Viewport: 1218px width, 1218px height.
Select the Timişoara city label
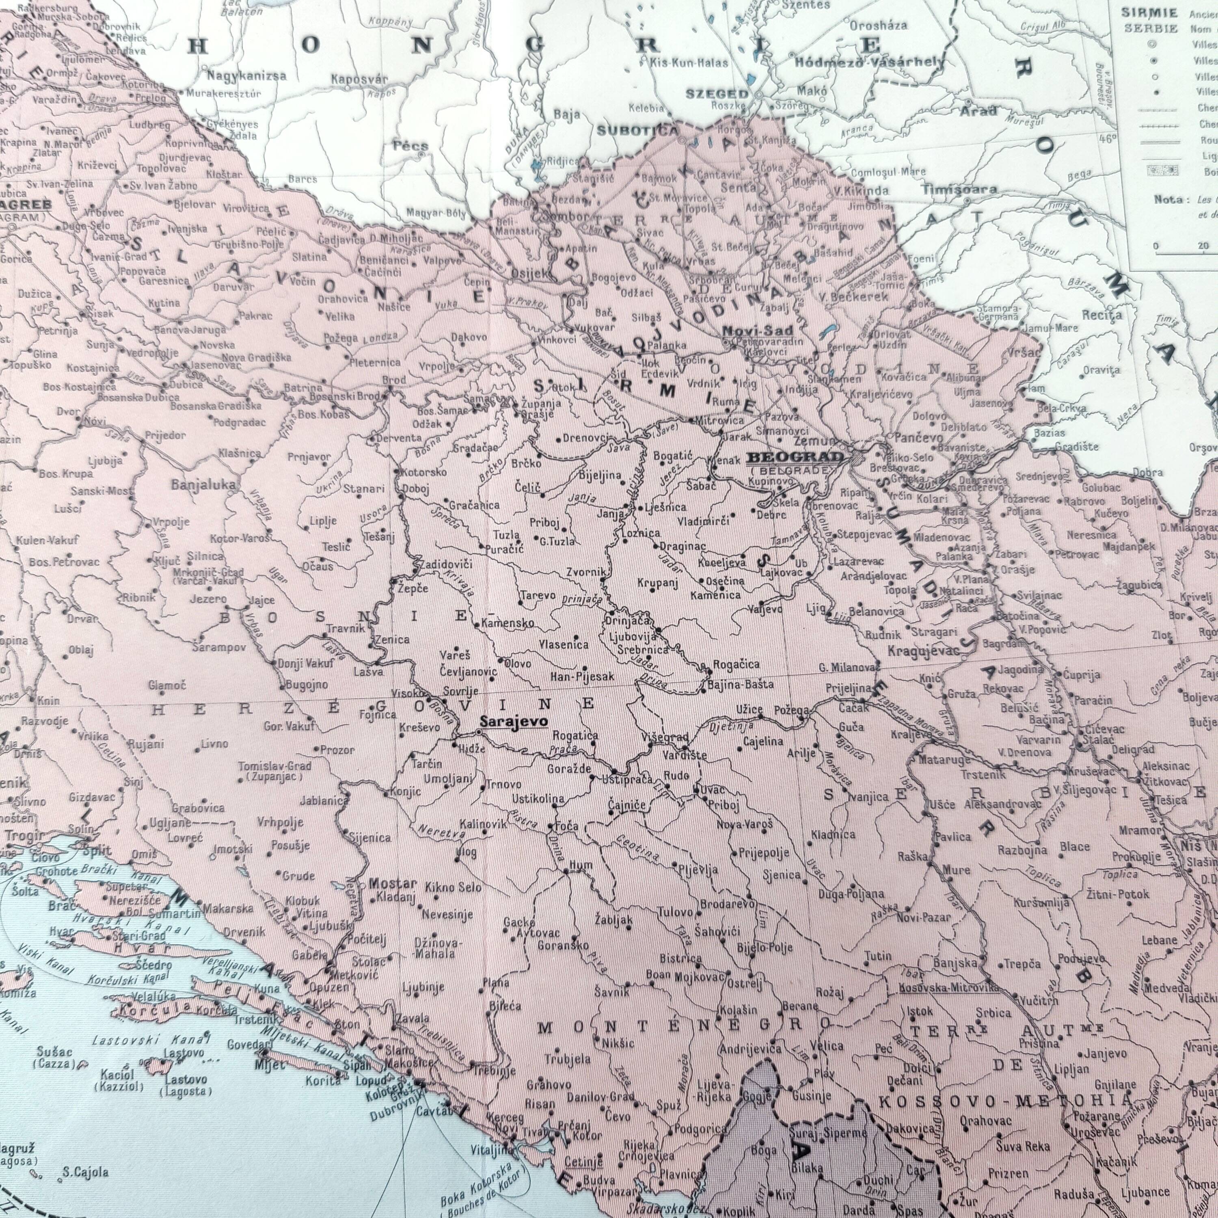(959, 189)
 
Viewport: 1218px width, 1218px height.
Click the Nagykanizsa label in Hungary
(246, 76)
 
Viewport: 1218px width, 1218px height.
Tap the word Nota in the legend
(1168, 199)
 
